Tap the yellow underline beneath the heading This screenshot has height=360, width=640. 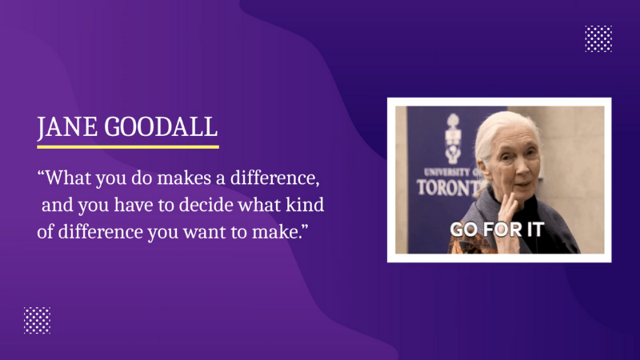128,146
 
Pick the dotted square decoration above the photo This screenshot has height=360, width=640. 598,38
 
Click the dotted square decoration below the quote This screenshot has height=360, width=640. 37,320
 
